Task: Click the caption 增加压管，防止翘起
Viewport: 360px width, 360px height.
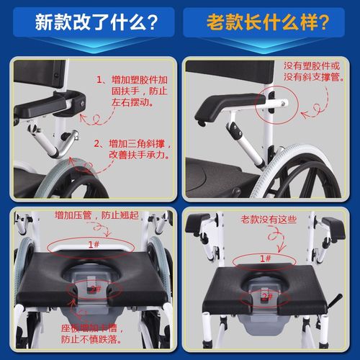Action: (94, 215)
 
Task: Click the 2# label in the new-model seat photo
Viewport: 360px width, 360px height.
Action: (93, 288)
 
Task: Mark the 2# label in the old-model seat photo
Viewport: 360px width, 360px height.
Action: (266, 296)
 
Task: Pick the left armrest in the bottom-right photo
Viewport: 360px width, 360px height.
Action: (197, 223)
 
